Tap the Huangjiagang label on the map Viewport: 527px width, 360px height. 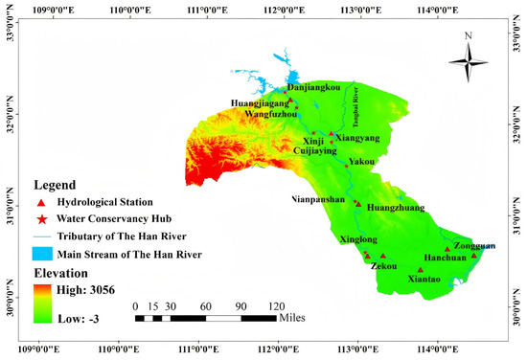pos(259,103)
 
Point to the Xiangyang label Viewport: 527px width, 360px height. pos(356,139)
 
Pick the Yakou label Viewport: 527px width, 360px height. pos(361,162)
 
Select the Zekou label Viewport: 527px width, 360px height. pos(384,268)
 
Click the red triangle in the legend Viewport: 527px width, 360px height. pos(39,202)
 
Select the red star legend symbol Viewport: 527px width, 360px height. pos(39,218)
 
